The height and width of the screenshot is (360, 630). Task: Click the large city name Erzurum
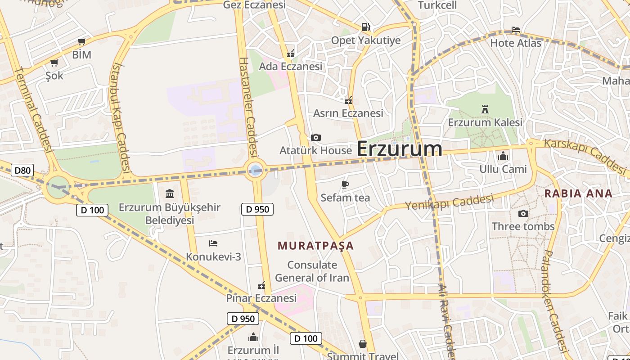click(399, 149)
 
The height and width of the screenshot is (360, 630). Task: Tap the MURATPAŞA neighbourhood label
click(315, 246)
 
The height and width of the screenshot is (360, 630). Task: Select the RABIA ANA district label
click(578, 193)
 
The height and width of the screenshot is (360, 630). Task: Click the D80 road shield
click(22, 170)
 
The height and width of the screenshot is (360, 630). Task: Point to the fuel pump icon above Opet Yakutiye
click(365, 27)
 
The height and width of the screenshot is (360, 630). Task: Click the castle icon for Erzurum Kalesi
click(485, 109)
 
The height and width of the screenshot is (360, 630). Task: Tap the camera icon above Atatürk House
click(316, 137)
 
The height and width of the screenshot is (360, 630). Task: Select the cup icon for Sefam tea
click(345, 184)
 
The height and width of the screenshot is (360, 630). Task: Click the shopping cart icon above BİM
click(81, 42)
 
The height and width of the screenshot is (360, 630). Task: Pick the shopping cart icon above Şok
click(54, 63)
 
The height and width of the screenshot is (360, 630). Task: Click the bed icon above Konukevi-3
click(213, 243)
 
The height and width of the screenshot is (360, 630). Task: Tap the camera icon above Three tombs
click(523, 213)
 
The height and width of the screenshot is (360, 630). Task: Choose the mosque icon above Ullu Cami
click(503, 156)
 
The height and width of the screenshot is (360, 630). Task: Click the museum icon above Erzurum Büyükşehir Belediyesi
click(170, 193)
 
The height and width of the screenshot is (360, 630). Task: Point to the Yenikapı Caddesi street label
click(449, 202)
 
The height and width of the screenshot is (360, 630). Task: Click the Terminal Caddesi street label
click(34, 110)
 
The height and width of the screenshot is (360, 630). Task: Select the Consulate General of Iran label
click(312, 271)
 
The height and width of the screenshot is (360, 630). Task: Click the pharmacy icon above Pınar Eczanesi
click(261, 285)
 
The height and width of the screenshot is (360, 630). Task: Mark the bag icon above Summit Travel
click(362, 344)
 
